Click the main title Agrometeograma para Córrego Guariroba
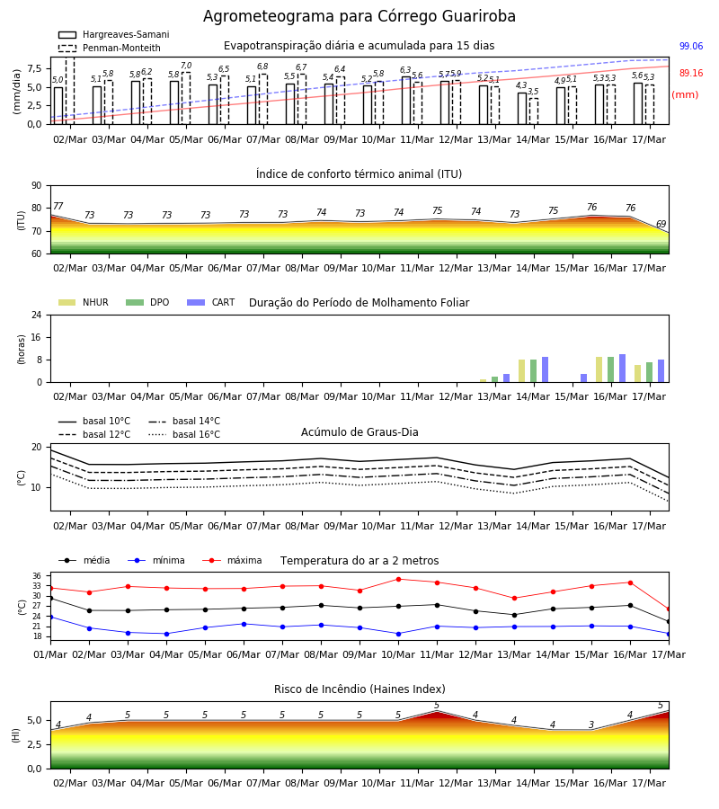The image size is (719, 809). point(359,16)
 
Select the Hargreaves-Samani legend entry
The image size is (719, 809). point(113,34)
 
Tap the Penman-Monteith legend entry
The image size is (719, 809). point(110,48)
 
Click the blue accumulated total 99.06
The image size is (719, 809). point(691,46)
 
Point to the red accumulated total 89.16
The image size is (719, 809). point(691,73)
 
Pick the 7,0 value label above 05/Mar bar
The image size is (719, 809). point(186,66)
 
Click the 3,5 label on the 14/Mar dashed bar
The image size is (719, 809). point(533,92)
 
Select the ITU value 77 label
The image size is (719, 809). point(58,206)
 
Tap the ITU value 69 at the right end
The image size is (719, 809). point(661,224)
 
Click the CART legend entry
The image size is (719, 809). point(210,302)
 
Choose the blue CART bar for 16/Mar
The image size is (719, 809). point(623,369)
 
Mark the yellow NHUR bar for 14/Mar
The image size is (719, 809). point(522,371)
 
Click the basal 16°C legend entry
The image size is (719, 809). point(184,434)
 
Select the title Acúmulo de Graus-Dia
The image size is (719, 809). point(359,431)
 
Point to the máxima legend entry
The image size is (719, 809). point(232,560)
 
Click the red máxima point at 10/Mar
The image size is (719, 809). point(399,579)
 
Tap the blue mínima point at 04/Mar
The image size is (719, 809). point(166,634)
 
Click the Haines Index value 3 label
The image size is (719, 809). point(591,725)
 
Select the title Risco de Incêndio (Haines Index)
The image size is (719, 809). point(359,689)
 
